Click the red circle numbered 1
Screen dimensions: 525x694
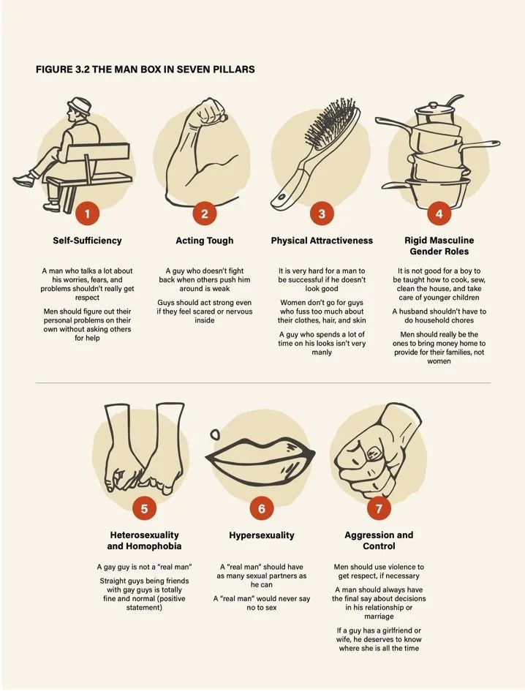click(x=87, y=214)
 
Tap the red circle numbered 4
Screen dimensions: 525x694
click(x=439, y=214)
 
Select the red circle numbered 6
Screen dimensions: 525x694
click(x=261, y=508)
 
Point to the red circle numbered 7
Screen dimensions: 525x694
click(x=379, y=508)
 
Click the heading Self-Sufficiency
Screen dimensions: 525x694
click(x=87, y=241)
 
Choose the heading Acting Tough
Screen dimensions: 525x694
click(x=205, y=241)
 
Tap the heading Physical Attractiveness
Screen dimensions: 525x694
click(x=322, y=241)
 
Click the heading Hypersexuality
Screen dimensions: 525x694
click(x=262, y=535)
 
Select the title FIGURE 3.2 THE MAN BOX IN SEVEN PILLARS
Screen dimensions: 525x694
click(x=146, y=69)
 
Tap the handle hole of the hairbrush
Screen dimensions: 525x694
click(x=281, y=197)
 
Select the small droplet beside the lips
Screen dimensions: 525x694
click(x=215, y=434)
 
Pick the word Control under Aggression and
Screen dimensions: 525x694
click(x=379, y=546)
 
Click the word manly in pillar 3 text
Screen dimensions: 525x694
click(x=322, y=352)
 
